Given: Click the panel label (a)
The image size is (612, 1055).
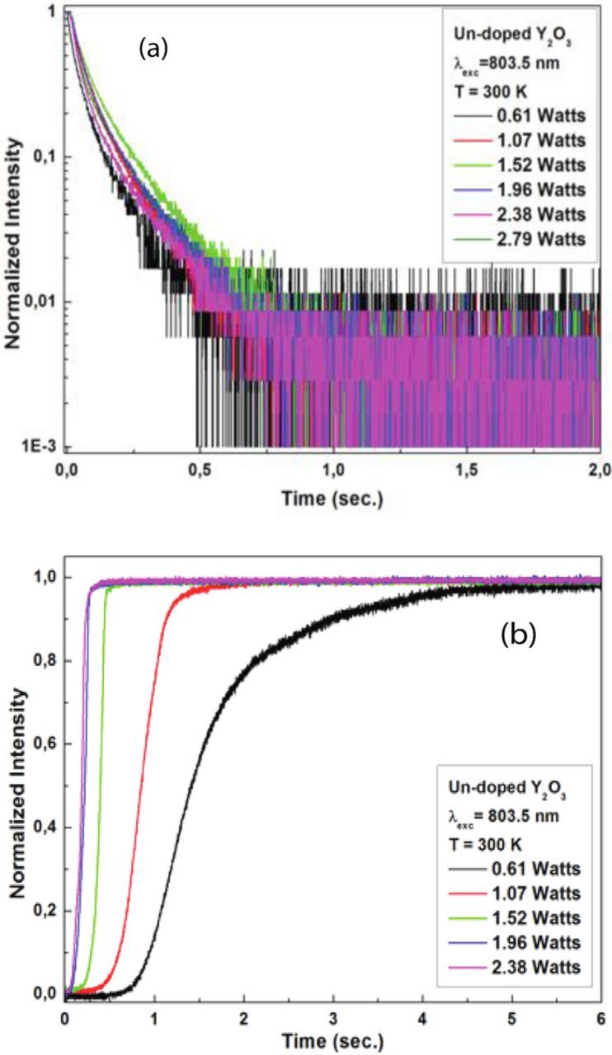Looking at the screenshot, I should click(153, 49).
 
